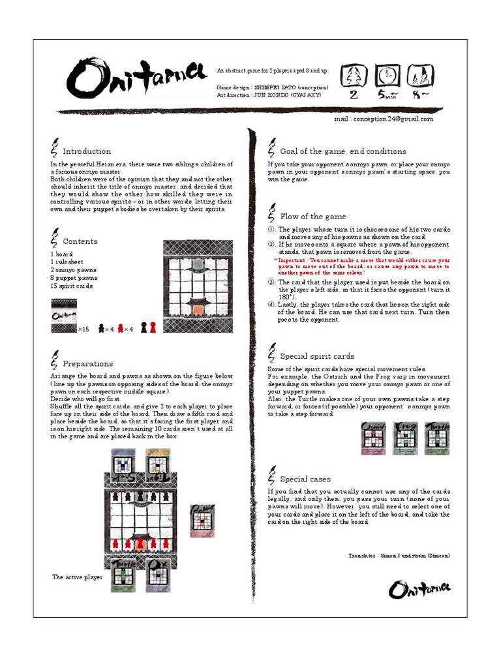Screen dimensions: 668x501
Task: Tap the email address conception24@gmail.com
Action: coord(383,119)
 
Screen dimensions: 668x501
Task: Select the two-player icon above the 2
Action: coord(354,76)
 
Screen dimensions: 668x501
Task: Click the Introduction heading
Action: coord(87,151)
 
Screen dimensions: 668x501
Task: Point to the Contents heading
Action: coord(80,241)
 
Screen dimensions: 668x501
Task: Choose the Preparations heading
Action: coord(88,364)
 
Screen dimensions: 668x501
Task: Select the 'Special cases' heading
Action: coord(305,479)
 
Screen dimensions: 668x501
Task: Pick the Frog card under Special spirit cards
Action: coord(406,438)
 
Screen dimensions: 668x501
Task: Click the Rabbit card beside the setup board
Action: coord(202,520)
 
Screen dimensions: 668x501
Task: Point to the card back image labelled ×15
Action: coord(64,316)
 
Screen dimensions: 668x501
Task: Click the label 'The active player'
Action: coord(77,577)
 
